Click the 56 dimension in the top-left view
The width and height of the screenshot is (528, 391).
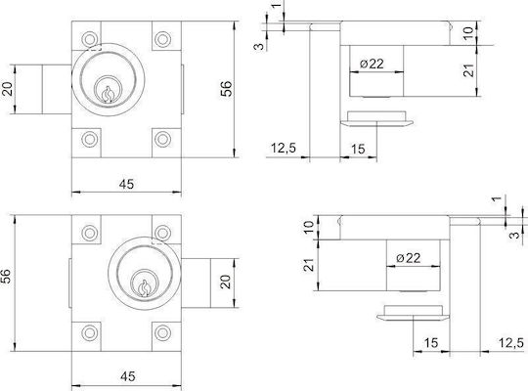click(226, 89)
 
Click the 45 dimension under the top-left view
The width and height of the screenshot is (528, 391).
click(126, 184)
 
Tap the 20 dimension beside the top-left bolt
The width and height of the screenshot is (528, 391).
click(8, 89)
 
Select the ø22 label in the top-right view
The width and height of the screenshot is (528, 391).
click(372, 64)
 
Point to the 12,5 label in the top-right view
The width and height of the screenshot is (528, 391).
click(284, 148)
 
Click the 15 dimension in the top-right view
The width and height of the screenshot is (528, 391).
click(358, 149)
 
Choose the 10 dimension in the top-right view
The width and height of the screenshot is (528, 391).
click(468, 32)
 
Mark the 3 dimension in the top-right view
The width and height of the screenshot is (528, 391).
click(259, 46)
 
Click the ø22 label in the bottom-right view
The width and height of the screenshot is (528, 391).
click(409, 258)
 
